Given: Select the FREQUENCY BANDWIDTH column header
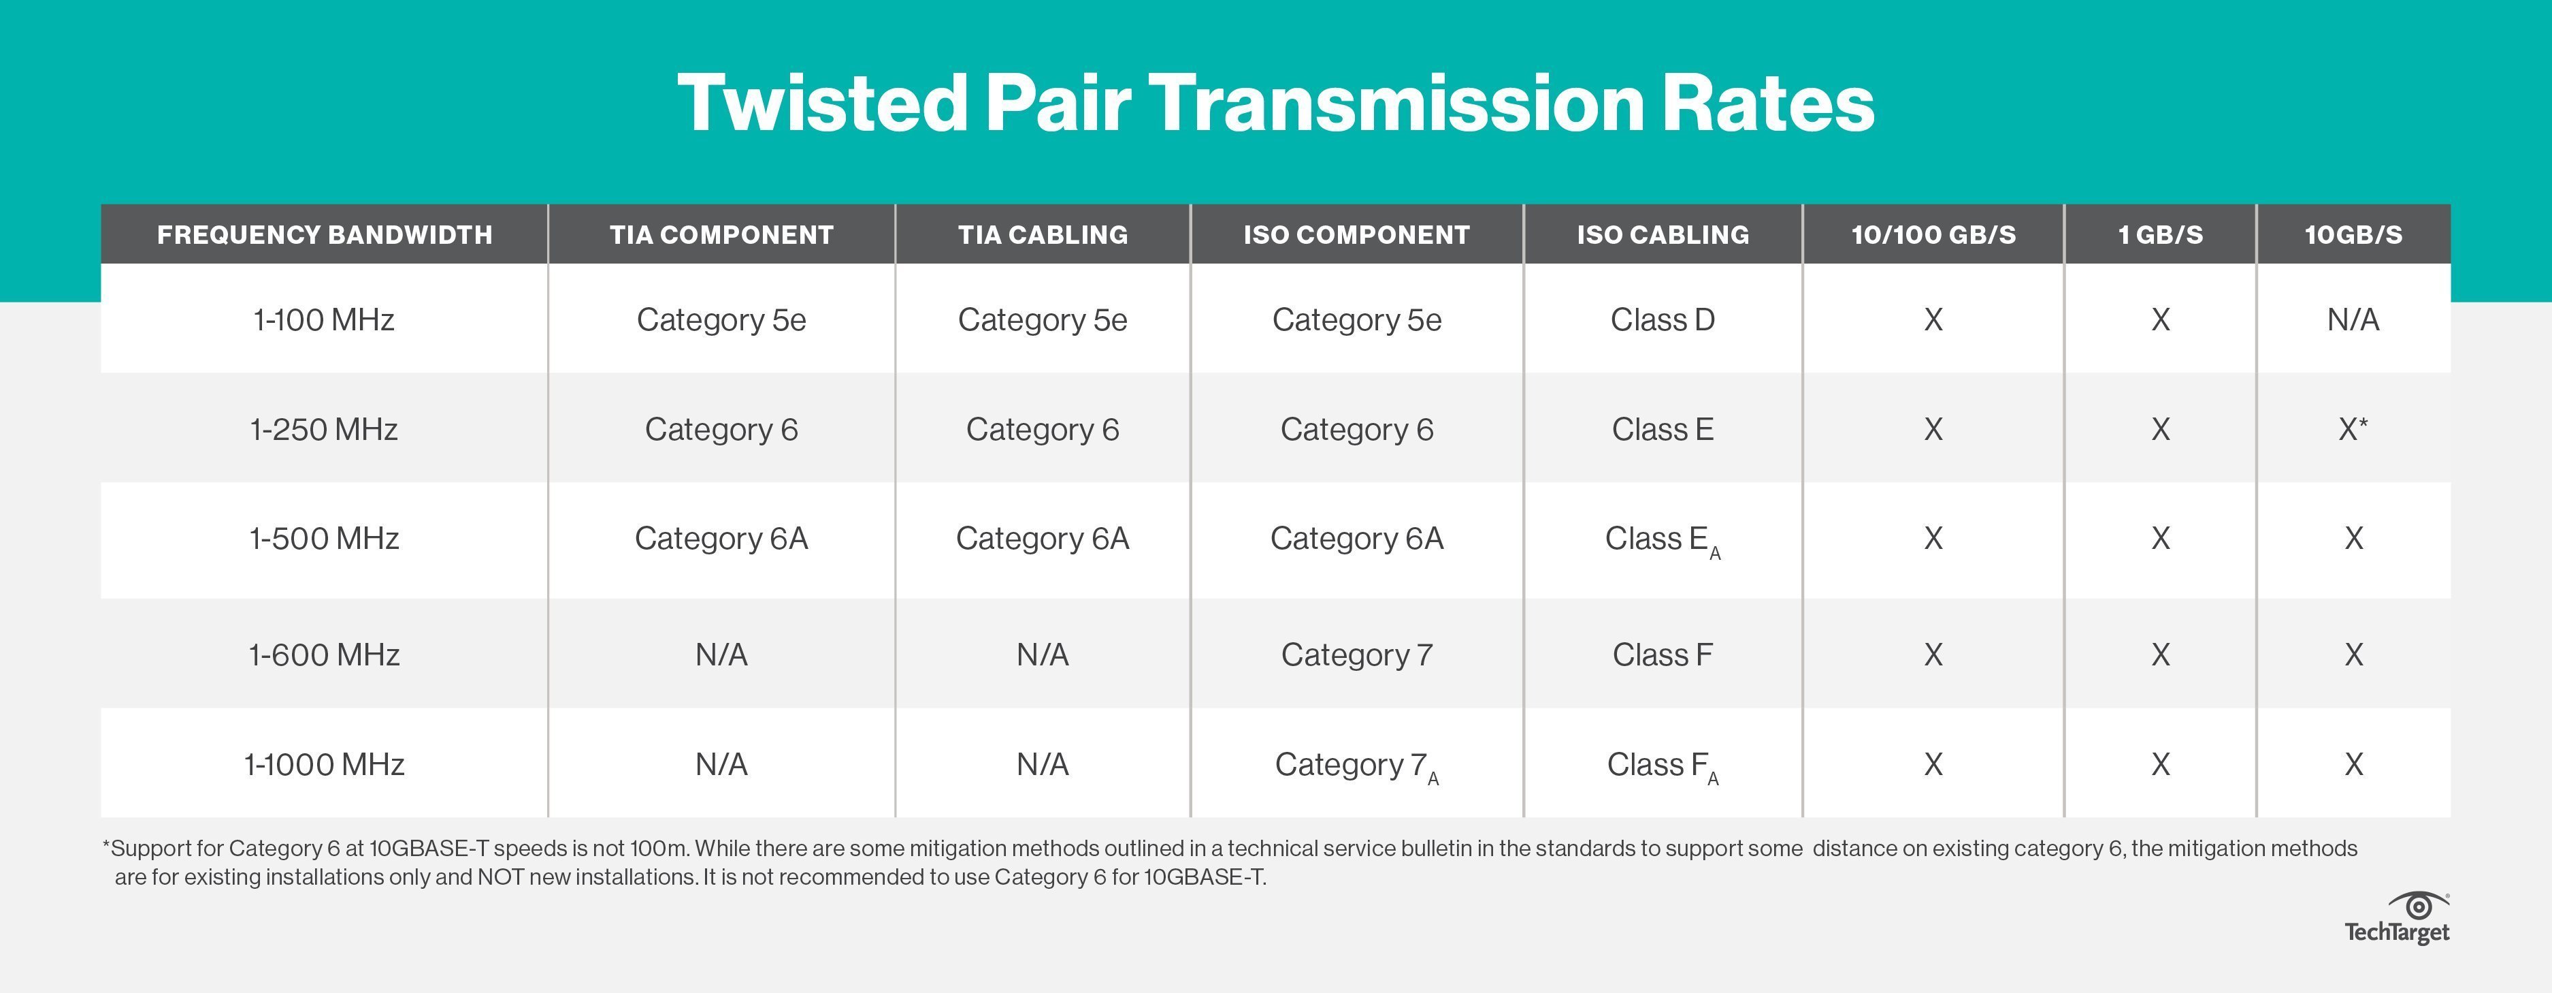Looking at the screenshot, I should coord(324,235).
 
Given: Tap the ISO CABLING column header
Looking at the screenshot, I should coord(1663,235).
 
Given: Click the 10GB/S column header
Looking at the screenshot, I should coord(2353,235).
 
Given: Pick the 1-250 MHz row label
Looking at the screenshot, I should coord(324,429).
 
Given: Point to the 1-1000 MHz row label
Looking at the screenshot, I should coord(324,764).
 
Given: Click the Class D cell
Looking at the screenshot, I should coord(1663,320).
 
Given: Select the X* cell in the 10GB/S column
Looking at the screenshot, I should coord(2353,429).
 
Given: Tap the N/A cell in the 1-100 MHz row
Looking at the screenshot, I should coord(2353,320).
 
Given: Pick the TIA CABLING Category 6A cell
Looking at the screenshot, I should coord(1042,538).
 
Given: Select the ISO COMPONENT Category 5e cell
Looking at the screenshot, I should coord(1356,320).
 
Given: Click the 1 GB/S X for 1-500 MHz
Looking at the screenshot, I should coord(2161,538).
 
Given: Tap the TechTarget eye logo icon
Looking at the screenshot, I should coord(2418,906).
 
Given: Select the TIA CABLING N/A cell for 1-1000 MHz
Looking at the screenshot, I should coord(1042,764).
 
